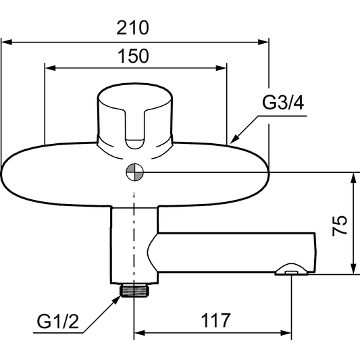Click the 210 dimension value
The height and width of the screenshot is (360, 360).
tap(132, 28)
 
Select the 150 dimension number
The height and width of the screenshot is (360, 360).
tap(133, 56)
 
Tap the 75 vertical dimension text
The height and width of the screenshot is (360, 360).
tap(340, 226)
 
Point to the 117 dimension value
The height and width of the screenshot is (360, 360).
tap(215, 320)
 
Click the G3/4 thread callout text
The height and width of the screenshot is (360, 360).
tap(283, 103)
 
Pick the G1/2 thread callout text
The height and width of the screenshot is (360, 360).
tap(58, 322)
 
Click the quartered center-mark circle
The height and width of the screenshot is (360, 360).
tap(135, 172)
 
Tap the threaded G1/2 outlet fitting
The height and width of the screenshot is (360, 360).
tap(134, 290)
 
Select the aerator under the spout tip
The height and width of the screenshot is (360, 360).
tap(292, 269)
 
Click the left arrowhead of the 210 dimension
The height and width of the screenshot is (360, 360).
tap(7, 43)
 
